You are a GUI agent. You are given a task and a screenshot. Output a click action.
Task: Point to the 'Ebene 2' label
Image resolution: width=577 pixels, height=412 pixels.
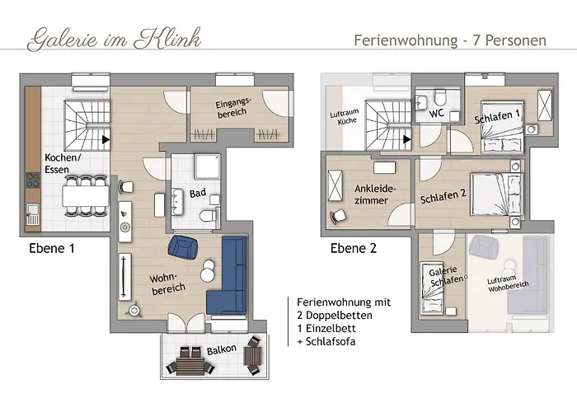(x=354, y=246)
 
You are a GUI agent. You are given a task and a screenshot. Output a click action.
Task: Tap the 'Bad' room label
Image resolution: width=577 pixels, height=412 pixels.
(x=197, y=194)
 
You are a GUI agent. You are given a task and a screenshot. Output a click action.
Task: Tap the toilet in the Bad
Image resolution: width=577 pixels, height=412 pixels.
(x=208, y=217)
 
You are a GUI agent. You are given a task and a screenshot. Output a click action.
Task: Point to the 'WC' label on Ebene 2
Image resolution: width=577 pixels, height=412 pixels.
(x=437, y=114)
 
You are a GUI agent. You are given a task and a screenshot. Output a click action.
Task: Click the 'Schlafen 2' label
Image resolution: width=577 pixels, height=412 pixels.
(x=444, y=199)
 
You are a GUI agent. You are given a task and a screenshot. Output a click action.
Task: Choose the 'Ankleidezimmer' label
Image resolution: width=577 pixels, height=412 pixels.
(x=375, y=194)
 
